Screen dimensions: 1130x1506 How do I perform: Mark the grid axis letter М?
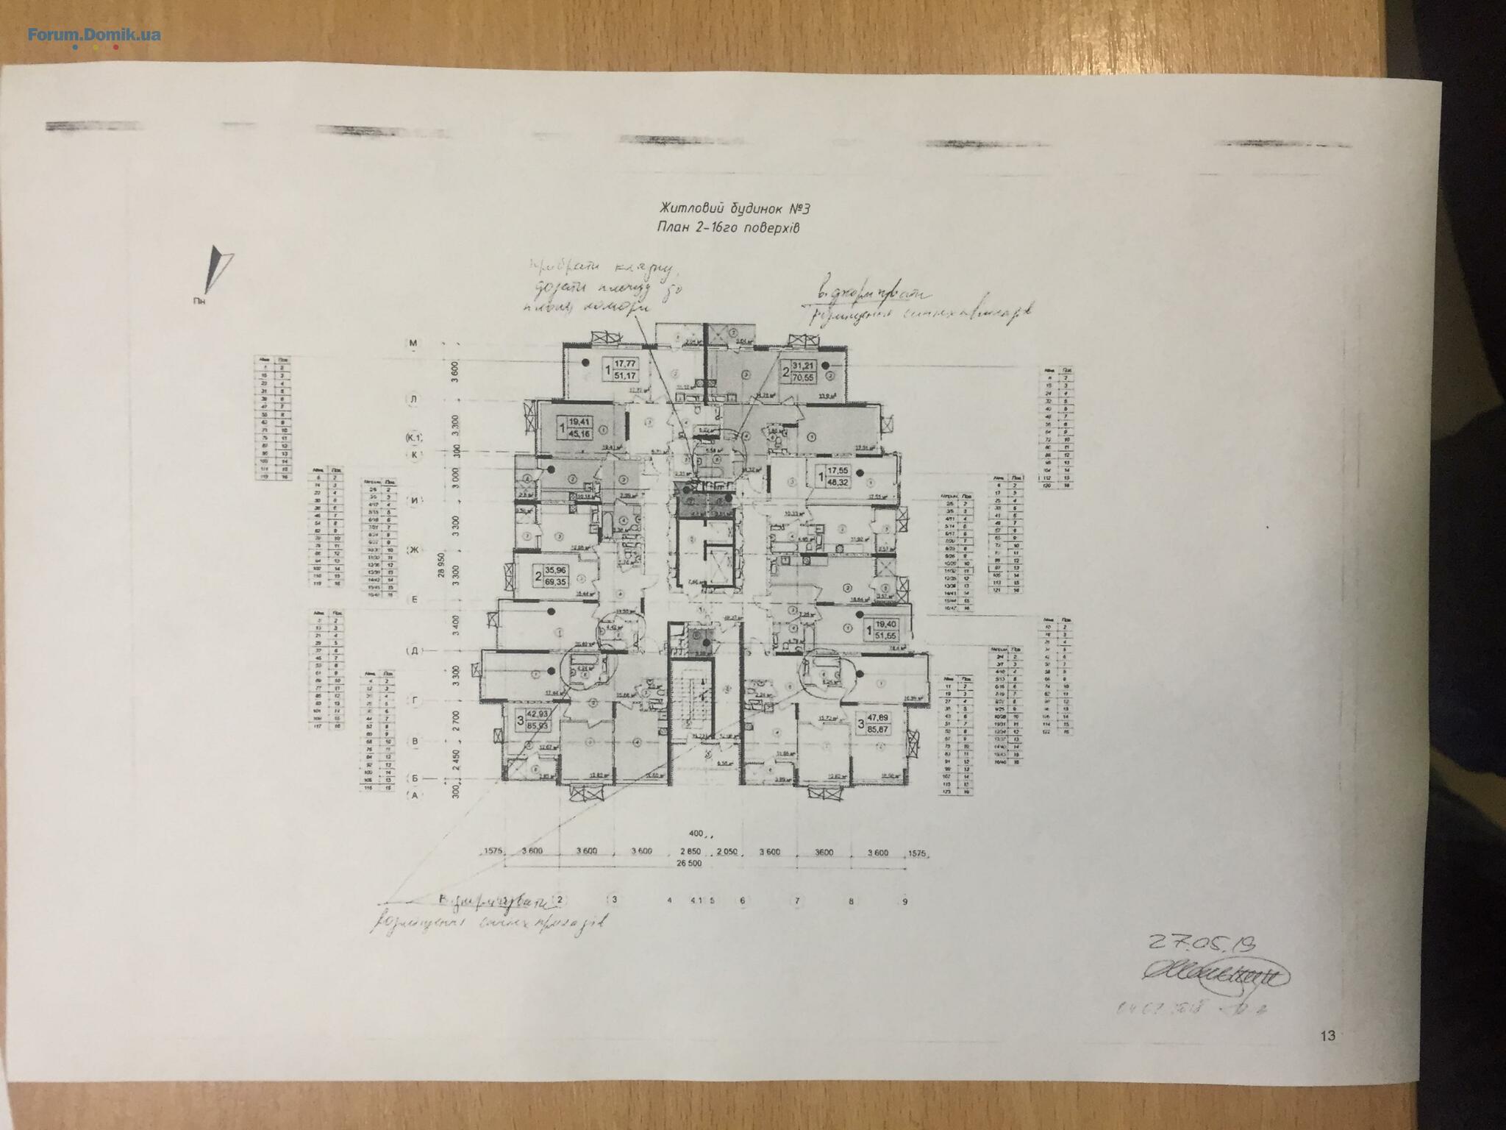point(413,343)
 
